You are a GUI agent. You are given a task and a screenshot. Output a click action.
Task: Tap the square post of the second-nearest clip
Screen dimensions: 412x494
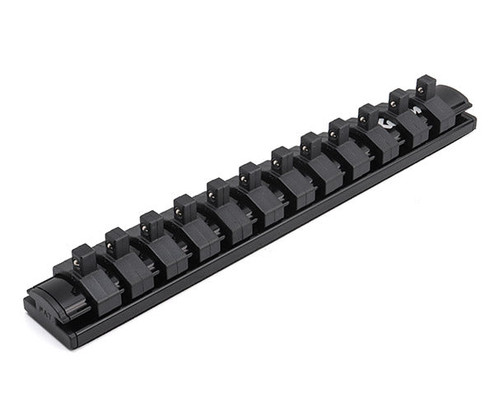tap(117, 241)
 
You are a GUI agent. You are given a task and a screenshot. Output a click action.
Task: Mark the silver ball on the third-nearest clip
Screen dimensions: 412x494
tap(147, 223)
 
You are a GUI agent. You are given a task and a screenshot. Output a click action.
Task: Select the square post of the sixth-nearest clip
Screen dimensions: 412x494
tap(249, 175)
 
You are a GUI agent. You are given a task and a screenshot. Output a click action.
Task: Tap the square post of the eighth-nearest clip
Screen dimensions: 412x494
tap(310, 145)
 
